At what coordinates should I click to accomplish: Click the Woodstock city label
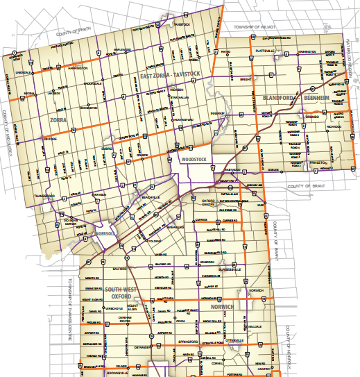pos(194,159)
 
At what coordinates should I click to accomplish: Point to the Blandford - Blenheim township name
pos(295,99)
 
